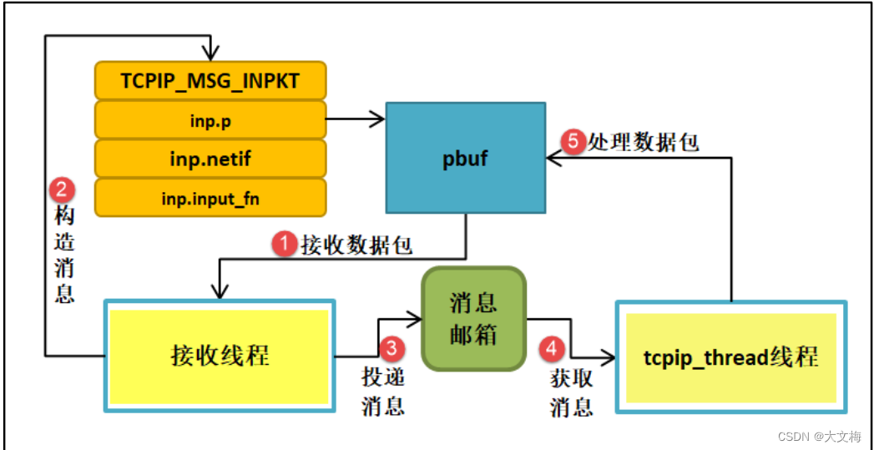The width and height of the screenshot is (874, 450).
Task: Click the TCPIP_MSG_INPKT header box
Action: pyautogui.click(x=210, y=81)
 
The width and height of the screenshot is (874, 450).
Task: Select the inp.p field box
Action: pyautogui.click(x=210, y=120)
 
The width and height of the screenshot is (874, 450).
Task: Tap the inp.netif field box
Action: pyautogui.click(x=210, y=159)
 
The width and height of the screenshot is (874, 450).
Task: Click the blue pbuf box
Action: pyautogui.click(x=466, y=158)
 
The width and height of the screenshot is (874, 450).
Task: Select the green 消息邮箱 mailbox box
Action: pyautogui.click(x=473, y=318)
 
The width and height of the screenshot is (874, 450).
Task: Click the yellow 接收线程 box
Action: pyautogui.click(x=220, y=356)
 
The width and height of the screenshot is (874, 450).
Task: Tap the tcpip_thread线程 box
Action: pyautogui.click(x=730, y=357)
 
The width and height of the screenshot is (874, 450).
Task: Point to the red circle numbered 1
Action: pyautogui.click(x=284, y=244)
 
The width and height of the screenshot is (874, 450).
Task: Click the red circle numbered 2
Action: pyautogui.click(x=62, y=190)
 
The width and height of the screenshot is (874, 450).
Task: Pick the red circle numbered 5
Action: pyautogui.click(x=573, y=142)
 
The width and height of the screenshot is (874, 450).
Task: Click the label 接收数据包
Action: pyautogui.click(x=356, y=245)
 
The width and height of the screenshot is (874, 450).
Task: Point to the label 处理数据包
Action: pyautogui.click(x=643, y=142)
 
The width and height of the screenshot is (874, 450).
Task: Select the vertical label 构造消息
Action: pyautogui.click(x=64, y=255)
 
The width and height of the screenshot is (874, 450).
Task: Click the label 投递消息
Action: pyautogui.click(x=383, y=391)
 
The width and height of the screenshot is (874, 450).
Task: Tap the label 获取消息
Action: pyautogui.click(x=572, y=392)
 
